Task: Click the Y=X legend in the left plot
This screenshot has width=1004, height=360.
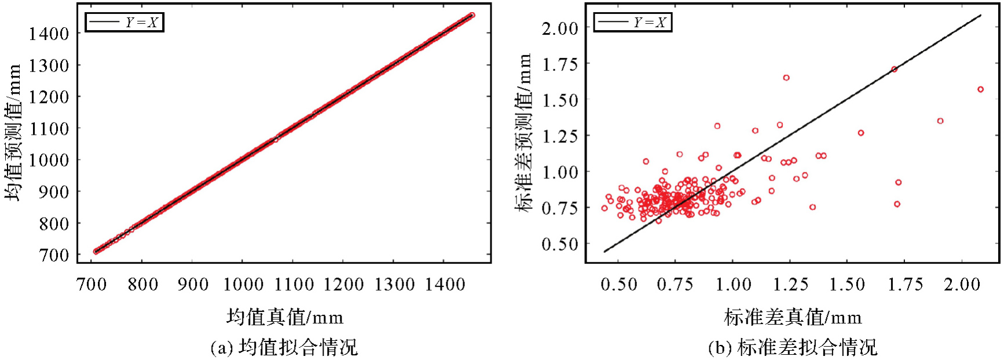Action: pos(124,22)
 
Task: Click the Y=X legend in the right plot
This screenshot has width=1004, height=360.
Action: pos(633,22)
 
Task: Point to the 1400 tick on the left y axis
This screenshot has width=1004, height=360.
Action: pos(49,34)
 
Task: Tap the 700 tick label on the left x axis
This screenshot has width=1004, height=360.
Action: pos(91,284)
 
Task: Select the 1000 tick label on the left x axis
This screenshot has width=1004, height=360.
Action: pos(243,284)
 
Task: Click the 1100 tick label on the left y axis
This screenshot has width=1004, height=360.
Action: pos(49,128)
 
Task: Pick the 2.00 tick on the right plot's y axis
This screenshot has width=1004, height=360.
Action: pos(560,28)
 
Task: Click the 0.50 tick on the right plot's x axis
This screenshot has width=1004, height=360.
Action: pos(619,284)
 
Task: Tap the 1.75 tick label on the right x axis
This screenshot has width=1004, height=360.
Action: pos(905,284)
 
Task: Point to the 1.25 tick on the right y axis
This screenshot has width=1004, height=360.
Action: pos(560,136)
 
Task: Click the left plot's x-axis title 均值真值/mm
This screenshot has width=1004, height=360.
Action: pos(285,317)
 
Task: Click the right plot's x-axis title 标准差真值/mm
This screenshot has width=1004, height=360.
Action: pos(793,317)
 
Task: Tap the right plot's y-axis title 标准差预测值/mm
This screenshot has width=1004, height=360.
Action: pos(523,133)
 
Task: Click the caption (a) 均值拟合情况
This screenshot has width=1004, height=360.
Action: pos(284,347)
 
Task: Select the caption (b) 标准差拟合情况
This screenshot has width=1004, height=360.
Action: pos(793,347)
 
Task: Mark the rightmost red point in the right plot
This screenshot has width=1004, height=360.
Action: pos(980,90)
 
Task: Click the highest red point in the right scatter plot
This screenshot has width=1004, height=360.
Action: pos(894,69)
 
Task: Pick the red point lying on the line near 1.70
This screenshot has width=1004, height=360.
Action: pos(894,69)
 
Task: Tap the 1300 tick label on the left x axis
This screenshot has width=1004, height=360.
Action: pos(394,284)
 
